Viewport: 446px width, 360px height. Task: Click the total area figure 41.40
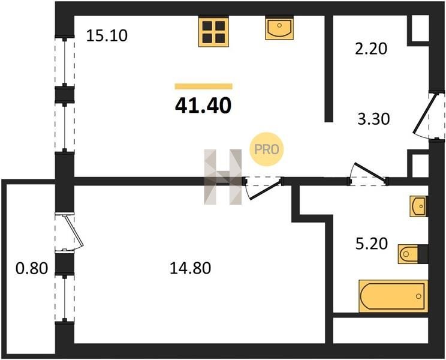pyautogui.click(x=203, y=106)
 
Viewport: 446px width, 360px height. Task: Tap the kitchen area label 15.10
pyautogui.click(x=107, y=36)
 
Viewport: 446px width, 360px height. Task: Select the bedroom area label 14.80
pyautogui.click(x=190, y=268)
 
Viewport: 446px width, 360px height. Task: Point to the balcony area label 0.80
pyautogui.click(x=32, y=268)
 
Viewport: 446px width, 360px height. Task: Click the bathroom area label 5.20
pyautogui.click(x=372, y=244)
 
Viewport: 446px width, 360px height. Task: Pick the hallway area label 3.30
pyautogui.click(x=373, y=119)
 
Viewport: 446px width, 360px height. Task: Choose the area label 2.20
pyautogui.click(x=371, y=49)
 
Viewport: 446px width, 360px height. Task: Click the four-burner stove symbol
pyautogui.click(x=213, y=31)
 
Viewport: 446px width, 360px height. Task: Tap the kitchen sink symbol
pyautogui.click(x=279, y=28)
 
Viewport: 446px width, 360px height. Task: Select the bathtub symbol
pyautogui.click(x=393, y=296)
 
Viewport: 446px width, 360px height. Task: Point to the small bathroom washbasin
pyautogui.click(x=418, y=206)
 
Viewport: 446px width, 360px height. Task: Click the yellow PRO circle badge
pyautogui.click(x=267, y=149)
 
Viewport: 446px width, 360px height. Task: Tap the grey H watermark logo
pyautogui.click(x=223, y=177)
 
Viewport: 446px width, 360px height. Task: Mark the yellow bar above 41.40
pyautogui.click(x=204, y=86)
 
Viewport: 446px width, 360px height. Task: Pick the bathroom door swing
pyautogui.click(x=368, y=173)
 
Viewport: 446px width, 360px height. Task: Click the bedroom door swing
pyautogui.click(x=263, y=188)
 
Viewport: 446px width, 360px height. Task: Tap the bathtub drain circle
pyautogui.click(x=418, y=296)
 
